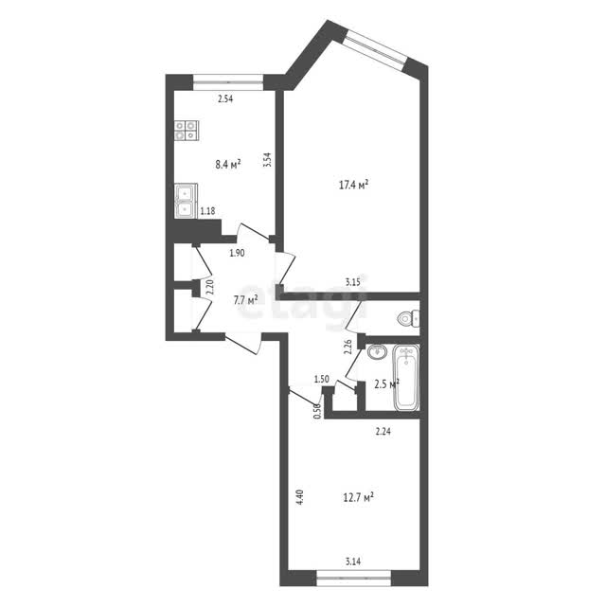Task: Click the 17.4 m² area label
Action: (x=353, y=185)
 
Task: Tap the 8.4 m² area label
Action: (x=228, y=165)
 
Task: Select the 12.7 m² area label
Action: (x=358, y=496)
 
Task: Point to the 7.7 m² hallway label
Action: (x=245, y=300)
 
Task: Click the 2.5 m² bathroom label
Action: (x=387, y=384)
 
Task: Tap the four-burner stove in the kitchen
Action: (x=187, y=131)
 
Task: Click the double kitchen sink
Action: (x=186, y=201)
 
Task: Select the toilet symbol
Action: (x=408, y=318)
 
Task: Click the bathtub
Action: (x=406, y=378)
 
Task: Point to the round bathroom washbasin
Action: (x=377, y=351)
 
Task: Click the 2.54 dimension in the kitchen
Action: (x=225, y=98)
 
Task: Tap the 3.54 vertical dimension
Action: (x=267, y=160)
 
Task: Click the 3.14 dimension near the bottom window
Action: (x=353, y=561)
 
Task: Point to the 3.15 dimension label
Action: (x=353, y=282)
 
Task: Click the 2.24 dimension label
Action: (x=383, y=431)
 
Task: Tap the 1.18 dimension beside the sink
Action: (x=207, y=211)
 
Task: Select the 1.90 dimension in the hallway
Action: (x=237, y=253)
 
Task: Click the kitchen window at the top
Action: (x=228, y=82)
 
